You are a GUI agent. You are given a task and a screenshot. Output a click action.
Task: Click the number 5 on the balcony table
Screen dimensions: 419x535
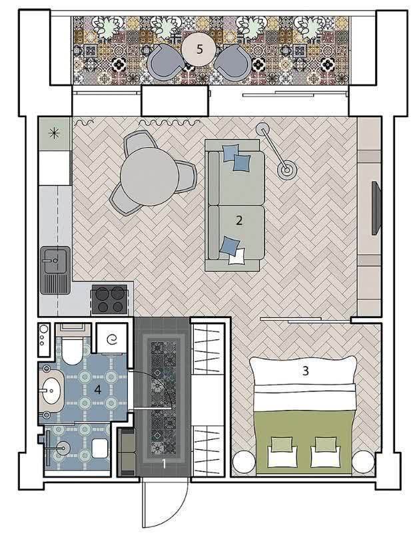tap(200, 49)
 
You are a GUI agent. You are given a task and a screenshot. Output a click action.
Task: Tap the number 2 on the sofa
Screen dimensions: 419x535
tap(239, 220)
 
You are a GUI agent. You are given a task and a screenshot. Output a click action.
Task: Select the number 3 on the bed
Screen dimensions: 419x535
tap(306, 371)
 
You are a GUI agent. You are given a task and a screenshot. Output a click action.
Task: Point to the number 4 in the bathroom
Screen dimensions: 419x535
tap(98, 389)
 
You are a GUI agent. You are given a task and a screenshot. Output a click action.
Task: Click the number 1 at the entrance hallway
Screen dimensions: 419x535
tap(165, 464)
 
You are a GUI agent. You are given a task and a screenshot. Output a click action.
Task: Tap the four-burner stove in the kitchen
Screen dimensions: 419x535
tap(111, 299)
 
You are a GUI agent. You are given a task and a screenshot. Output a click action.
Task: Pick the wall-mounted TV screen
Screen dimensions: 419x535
tap(376, 208)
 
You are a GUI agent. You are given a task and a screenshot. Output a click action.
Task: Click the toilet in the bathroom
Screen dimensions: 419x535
tap(72, 349)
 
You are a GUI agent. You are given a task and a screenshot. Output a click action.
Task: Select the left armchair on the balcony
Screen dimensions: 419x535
tap(165, 62)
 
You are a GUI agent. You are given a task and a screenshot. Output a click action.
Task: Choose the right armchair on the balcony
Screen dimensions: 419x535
tap(233, 62)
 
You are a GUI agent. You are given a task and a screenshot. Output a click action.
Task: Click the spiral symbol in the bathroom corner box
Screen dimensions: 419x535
tap(112, 340)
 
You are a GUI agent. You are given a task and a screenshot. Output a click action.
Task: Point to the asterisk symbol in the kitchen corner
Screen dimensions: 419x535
tap(55, 133)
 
